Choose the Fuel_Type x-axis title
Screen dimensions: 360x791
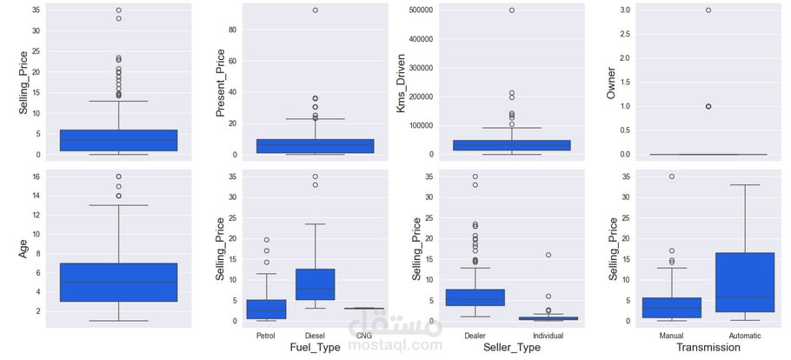point(315,347)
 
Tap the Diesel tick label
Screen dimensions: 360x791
point(315,334)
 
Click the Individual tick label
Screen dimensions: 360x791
point(548,334)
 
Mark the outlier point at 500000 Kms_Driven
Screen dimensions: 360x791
point(511,10)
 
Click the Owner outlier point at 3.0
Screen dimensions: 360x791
point(708,10)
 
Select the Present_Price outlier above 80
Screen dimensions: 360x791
point(315,10)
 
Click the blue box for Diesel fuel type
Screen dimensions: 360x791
point(315,284)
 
